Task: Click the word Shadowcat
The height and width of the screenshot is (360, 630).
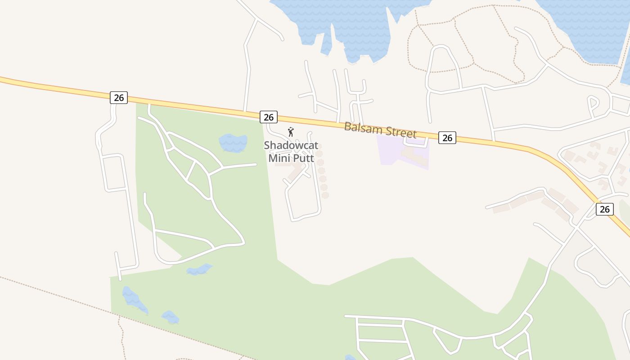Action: (291, 145)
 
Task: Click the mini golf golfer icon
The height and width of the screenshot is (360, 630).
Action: (291, 132)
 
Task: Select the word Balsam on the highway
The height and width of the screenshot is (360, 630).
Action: (363, 128)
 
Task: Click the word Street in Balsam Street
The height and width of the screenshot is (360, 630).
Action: (400, 132)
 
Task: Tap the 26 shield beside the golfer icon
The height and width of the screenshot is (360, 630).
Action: (269, 117)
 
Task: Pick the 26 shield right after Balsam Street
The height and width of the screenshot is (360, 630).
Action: (447, 138)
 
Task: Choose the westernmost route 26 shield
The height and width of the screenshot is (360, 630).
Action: (119, 97)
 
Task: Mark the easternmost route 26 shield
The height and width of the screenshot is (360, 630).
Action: (604, 209)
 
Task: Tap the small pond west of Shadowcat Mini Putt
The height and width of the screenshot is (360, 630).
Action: (233, 143)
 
